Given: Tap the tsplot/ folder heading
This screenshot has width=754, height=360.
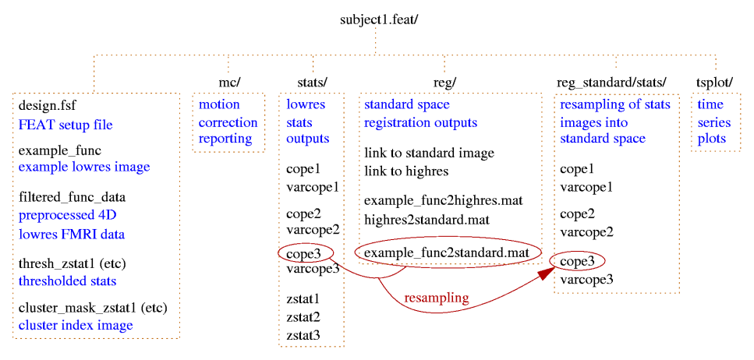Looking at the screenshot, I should (x=715, y=82).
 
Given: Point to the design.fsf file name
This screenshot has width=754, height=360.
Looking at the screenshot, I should (x=48, y=105).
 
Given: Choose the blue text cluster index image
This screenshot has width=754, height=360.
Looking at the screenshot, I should (x=75, y=325).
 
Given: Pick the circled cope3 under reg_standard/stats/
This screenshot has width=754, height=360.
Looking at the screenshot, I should (x=578, y=262).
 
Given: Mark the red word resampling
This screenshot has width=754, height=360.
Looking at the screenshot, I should (x=436, y=298).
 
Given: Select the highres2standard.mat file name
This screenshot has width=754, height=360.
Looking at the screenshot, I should (x=427, y=220).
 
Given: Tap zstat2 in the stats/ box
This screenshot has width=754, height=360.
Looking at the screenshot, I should (x=303, y=317).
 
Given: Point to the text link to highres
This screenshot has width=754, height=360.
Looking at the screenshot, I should (x=406, y=170).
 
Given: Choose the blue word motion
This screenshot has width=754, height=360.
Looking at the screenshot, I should (x=219, y=104).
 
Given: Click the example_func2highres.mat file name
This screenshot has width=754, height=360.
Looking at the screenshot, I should (x=443, y=201).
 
